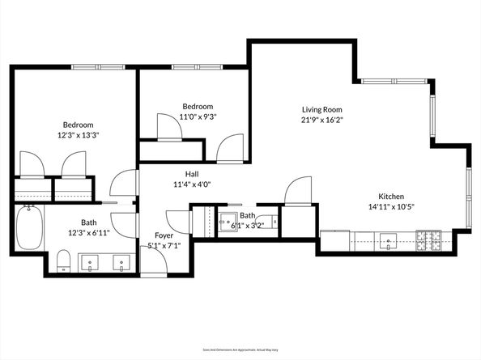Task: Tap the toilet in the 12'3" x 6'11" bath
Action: pyautogui.click(x=63, y=260)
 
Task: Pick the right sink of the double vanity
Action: pyautogui.click(x=121, y=262)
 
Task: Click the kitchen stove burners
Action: pyautogui.click(x=428, y=239)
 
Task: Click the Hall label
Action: pyautogui.click(x=191, y=174)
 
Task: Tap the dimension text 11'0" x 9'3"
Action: pyautogui.click(x=198, y=116)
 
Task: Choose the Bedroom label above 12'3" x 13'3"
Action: pyautogui.click(x=79, y=125)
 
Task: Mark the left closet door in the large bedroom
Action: pyautogui.click(x=32, y=163)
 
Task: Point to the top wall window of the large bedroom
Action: pyautogui.click(x=92, y=67)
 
